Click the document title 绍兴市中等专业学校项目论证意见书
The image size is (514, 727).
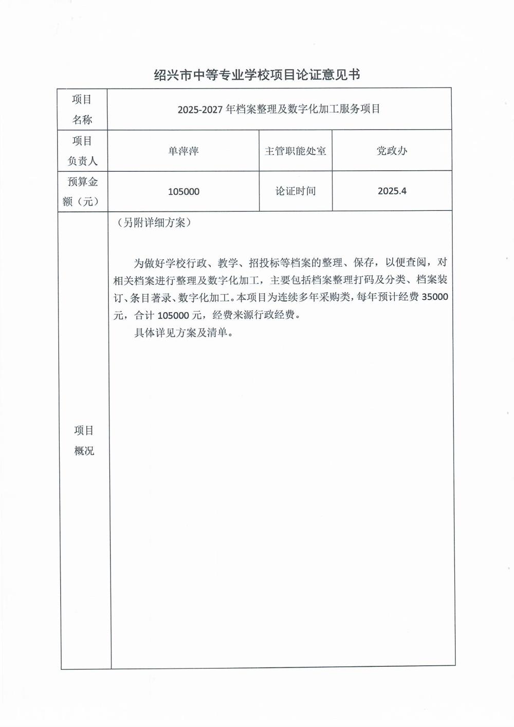[x=257, y=75]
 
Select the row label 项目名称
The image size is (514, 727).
[x=82, y=110]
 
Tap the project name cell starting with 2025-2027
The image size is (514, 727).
[x=279, y=110]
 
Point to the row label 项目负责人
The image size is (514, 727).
[x=82, y=151]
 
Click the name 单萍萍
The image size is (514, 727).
[x=183, y=151]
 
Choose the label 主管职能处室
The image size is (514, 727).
[x=295, y=151]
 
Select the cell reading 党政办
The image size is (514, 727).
[x=392, y=151]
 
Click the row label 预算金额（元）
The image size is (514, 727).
[x=82, y=191]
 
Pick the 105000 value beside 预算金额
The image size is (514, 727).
[x=183, y=192]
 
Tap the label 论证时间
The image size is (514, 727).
[x=295, y=191]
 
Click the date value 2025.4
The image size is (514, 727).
[x=392, y=191]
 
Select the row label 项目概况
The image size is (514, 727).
[x=84, y=441]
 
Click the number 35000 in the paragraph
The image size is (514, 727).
[x=434, y=297]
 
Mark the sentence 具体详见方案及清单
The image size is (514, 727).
[x=183, y=333]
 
